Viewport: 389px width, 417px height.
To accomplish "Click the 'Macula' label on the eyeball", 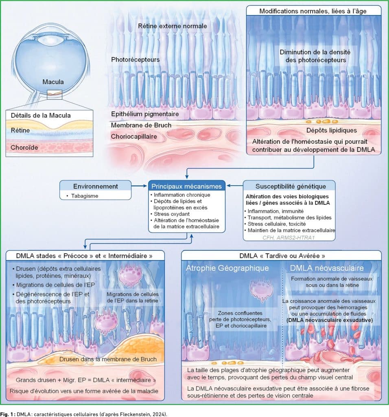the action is [53, 81].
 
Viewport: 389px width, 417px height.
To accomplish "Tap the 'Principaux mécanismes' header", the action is [186, 186].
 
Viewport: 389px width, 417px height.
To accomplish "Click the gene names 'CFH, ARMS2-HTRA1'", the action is [288, 237].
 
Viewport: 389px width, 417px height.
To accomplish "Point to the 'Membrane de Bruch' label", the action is [141, 125].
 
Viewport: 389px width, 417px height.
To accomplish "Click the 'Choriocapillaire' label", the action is [134, 136].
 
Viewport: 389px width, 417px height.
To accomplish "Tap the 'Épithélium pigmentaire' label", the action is [145, 114].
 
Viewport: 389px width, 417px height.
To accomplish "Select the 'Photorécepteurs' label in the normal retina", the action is [135, 59].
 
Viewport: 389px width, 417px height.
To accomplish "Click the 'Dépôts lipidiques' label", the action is [331, 130].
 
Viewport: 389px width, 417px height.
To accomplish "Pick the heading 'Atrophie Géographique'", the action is [227, 268].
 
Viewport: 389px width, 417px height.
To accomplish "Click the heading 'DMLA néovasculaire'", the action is [327, 268].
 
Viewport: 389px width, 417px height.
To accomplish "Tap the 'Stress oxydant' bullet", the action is [171, 214].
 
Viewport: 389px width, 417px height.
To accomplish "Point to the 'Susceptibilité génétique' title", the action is [291, 186].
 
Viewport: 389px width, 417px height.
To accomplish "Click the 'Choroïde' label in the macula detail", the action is [24, 147].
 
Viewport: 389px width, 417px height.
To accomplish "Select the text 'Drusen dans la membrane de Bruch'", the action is [108, 359].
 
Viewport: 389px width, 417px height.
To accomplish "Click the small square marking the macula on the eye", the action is [55, 94].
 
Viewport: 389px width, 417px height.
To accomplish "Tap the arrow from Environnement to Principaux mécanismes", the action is [139, 186].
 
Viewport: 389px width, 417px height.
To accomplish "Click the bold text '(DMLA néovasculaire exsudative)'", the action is [330, 320].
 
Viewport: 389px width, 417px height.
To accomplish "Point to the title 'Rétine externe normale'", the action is [172, 26].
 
